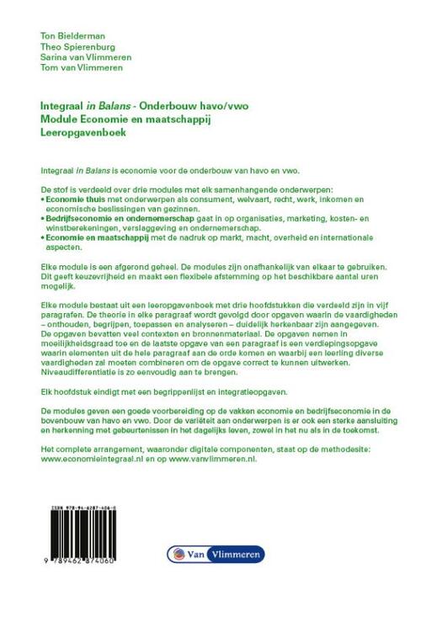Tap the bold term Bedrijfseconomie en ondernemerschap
pos(111,217)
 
